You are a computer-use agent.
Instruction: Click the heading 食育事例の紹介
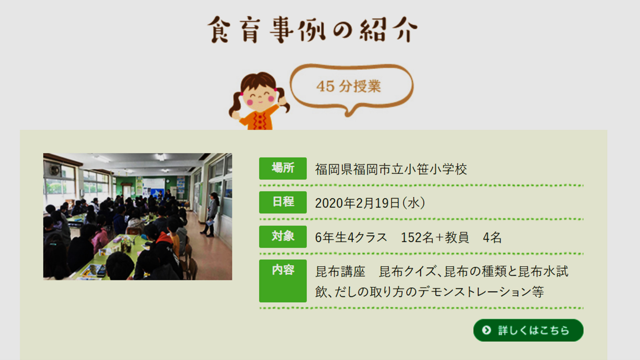pyautogui.click(x=312, y=30)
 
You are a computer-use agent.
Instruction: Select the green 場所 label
pyautogui.click(x=283, y=168)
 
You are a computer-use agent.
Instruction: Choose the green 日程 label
pyautogui.click(x=283, y=202)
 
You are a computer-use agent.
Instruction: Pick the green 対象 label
pyautogui.click(x=283, y=236)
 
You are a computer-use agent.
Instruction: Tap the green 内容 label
pyautogui.click(x=283, y=280)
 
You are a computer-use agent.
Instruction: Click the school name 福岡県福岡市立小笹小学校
pyautogui.click(x=391, y=169)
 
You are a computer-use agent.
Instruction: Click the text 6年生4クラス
pyautogui.click(x=351, y=238)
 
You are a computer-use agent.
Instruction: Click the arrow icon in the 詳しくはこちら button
pyautogui.click(x=486, y=330)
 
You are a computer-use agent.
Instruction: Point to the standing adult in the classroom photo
pyautogui.click(x=210, y=214)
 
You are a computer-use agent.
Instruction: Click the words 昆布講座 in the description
pyautogui.click(x=340, y=272)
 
